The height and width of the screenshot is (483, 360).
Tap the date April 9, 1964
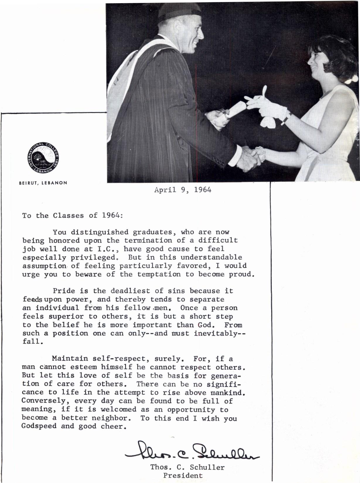point(183,190)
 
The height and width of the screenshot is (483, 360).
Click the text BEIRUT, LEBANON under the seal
point(43,183)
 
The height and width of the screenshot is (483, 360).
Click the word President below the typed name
point(183,476)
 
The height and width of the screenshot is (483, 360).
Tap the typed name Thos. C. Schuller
point(187,467)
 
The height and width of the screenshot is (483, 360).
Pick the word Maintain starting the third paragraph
point(70,359)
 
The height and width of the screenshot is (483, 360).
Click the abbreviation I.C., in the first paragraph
point(108,249)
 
